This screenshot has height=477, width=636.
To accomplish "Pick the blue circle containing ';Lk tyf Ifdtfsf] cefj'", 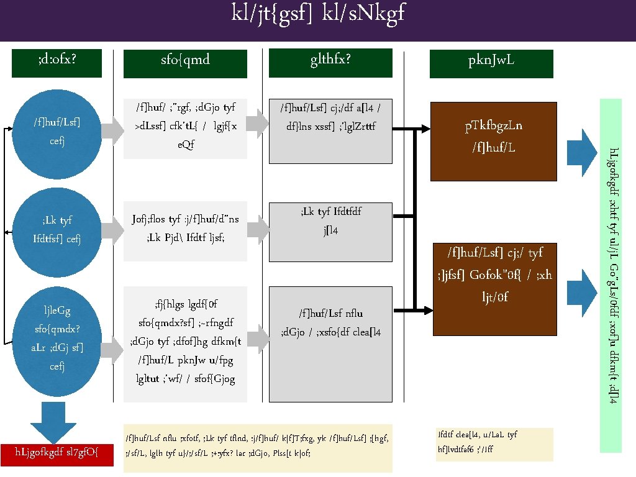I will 57,230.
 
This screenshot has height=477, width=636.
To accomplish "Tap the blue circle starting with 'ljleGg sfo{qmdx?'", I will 57,338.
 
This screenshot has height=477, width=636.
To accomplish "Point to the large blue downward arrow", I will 57,422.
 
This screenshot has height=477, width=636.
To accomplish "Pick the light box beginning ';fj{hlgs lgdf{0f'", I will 185,343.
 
